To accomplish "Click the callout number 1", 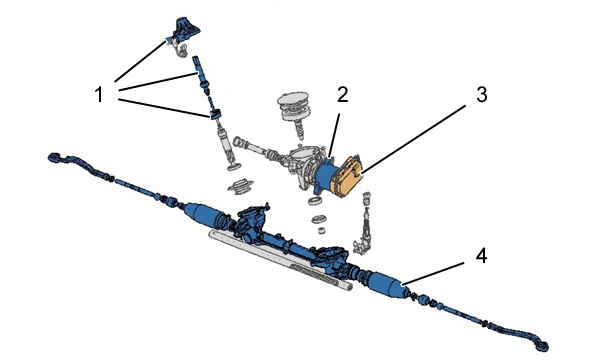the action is click(x=99, y=95).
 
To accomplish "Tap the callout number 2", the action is click(x=342, y=95).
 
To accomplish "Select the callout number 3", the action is click(x=482, y=95).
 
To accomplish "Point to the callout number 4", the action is click(x=481, y=256).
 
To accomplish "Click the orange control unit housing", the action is click(x=346, y=176).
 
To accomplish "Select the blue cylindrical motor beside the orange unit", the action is click(x=325, y=177).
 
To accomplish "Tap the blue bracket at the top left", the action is click(x=184, y=31).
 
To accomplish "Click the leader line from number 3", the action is click(x=414, y=139).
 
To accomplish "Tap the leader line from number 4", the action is click(x=433, y=273).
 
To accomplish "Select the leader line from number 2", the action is click(x=334, y=135).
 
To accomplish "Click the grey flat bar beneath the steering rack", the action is click(x=280, y=260).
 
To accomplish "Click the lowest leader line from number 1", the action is click(x=164, y=108).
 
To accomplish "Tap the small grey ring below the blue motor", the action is click(x=315, y=202).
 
